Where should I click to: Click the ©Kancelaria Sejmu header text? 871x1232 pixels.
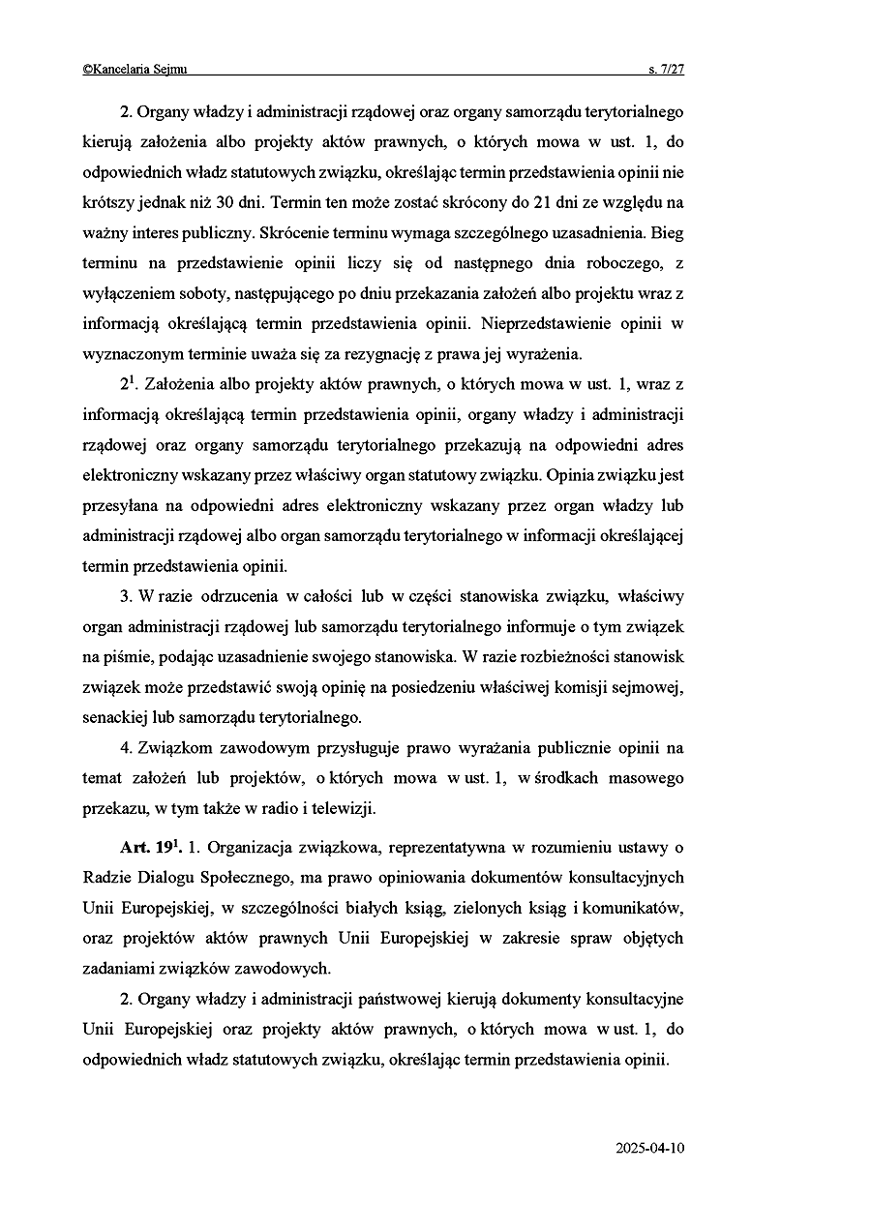click(x=135, y=69)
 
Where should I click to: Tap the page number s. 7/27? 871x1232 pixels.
click(x=666, y=69)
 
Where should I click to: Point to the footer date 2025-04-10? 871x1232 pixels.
click(x=649, y=1148)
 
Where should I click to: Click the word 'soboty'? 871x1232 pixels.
click(x=200, y=293)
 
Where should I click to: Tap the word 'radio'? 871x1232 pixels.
click(x=265, y=808)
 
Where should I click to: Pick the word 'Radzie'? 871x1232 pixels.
click(x=107, y=878)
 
